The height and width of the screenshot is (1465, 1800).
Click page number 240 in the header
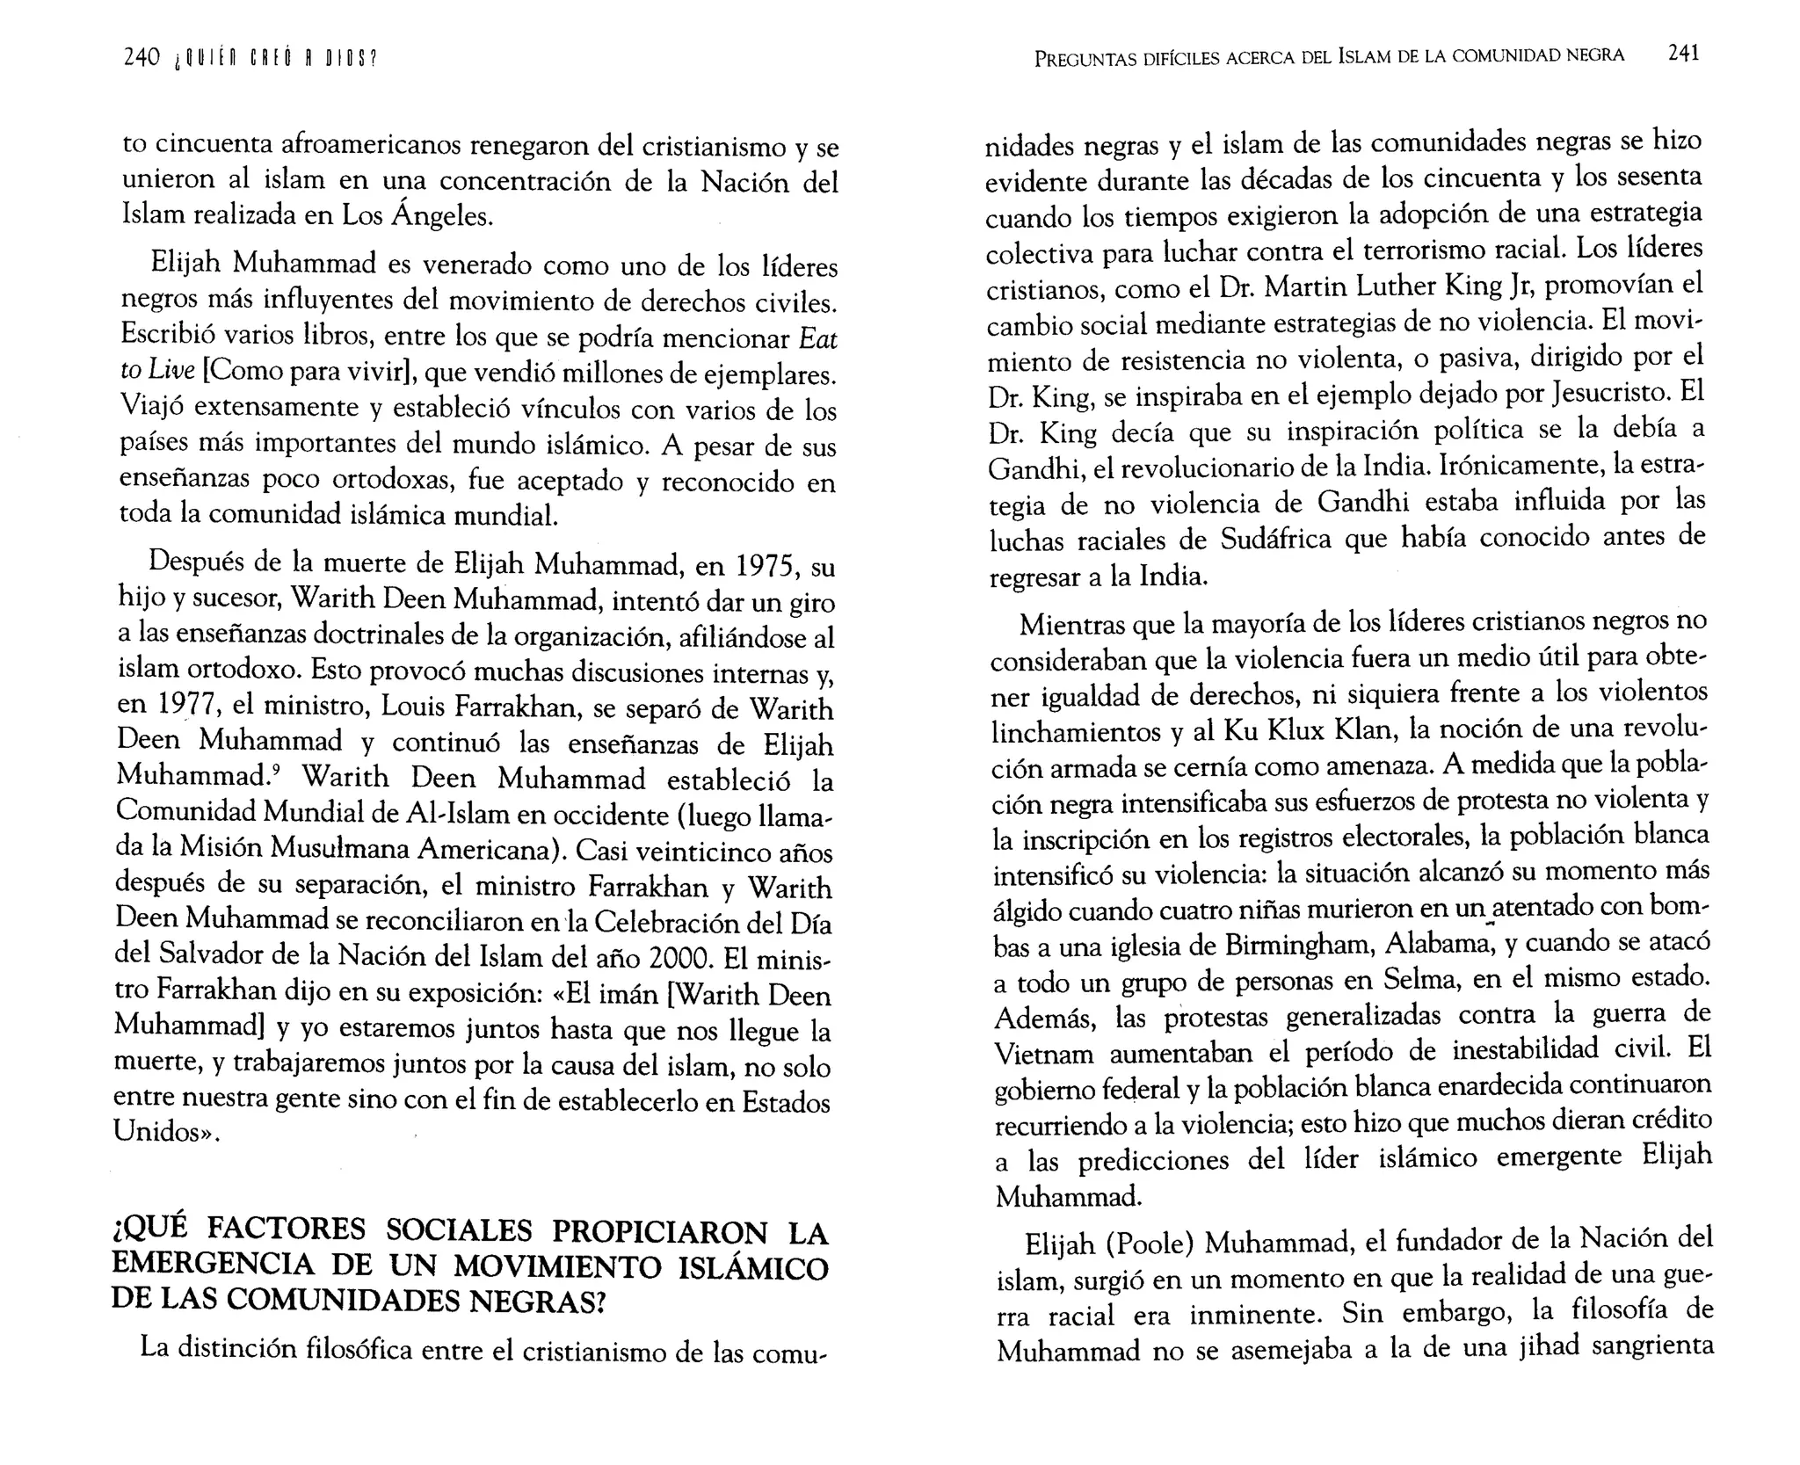point(142,59)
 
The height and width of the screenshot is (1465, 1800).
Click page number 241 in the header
point(1682,53)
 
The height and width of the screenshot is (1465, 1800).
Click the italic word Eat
point(819,337)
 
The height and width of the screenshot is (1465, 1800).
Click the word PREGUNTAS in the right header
point(1085,59)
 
